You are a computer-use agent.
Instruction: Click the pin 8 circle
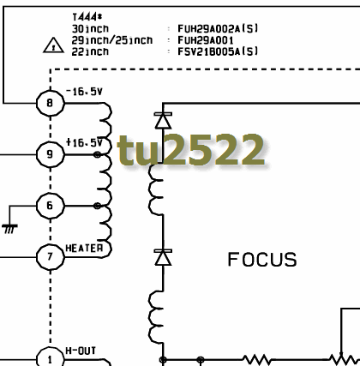coord(51,103)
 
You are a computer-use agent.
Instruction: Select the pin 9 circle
coord(51,154)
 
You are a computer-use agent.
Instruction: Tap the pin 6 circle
coord(51,206)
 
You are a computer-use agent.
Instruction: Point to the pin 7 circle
coord(51,257)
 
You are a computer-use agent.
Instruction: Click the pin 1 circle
coord(51,357)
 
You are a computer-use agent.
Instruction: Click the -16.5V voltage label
coord(84,92)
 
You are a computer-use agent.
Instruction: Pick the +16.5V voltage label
coord(84,142)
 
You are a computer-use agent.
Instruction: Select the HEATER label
coord(84,248)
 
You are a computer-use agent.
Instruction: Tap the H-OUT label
coord(81,351)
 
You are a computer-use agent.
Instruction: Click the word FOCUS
coord(262,260)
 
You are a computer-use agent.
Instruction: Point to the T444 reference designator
coord(87,17)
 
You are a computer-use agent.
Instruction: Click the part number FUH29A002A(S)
coord(218,28)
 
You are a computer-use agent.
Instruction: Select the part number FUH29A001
coord(206,40)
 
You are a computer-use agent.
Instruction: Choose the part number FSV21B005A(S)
coord(218,51)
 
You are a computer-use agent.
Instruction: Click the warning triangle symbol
coord(53,45)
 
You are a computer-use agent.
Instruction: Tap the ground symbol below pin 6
coord(9,229)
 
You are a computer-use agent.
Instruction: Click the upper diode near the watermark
coord(163,121)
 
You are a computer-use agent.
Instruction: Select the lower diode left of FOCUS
coord(163,257)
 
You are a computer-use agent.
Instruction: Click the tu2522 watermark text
coord(191,150)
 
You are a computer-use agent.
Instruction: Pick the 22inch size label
coord(90,51)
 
